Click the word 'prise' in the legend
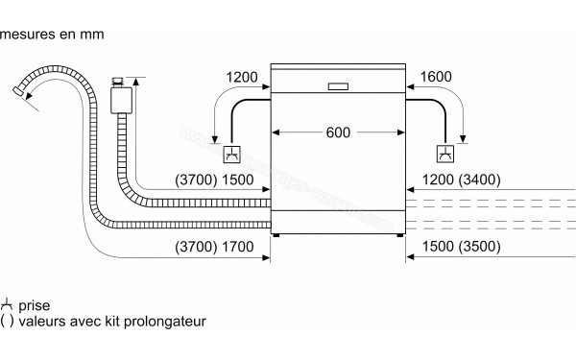[x=34, y=303]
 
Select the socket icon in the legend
[x=8, y=303]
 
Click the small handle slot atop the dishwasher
[x=339, y=85]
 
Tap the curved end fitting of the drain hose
[x=20, y=93]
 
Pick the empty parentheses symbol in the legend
[x=8, y=320]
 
